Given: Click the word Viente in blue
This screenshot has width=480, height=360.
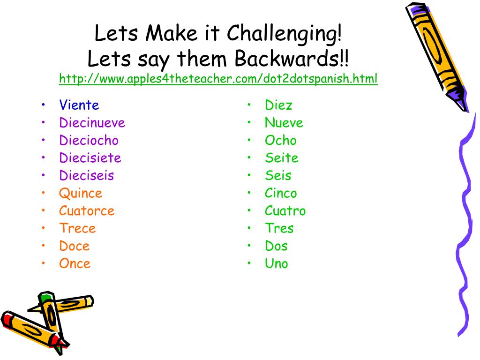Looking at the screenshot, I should coord(79,105).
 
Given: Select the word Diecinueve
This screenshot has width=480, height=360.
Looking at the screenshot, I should coord(92,123).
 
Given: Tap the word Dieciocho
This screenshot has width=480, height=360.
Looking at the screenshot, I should coord(89,140).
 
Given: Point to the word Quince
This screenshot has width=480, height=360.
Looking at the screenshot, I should coord(80,193).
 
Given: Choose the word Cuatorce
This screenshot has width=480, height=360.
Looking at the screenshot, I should coord(87,211).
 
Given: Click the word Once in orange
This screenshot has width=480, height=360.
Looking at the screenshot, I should coord(75,263).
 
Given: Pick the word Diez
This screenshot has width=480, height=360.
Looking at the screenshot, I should coord(278,105).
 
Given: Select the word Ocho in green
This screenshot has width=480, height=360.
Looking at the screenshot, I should coord(280,140).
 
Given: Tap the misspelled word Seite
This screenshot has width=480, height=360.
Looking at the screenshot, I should coord(281,158).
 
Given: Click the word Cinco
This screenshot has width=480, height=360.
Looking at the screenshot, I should coord(280,193).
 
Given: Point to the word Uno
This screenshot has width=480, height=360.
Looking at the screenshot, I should coord(276,263).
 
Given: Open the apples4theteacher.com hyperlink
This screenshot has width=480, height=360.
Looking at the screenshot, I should coord(218,79).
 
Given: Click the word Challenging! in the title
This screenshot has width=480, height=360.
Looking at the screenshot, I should coord(285,33).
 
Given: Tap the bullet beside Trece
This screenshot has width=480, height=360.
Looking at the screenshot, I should coord(43,228).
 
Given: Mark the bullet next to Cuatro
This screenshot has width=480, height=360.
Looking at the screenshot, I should coord(249,211).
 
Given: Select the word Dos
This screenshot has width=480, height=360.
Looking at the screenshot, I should coord(276,246).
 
